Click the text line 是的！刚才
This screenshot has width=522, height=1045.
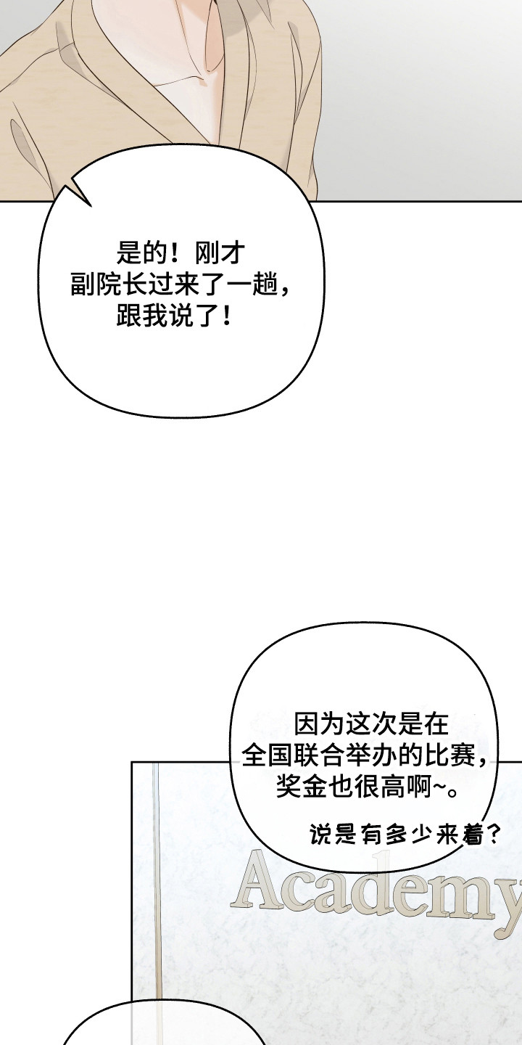coord(181,253)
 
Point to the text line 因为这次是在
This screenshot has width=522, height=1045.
coord(372,724)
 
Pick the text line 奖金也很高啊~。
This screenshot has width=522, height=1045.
coord(367,787)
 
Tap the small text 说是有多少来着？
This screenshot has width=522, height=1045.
coord(404,835)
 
